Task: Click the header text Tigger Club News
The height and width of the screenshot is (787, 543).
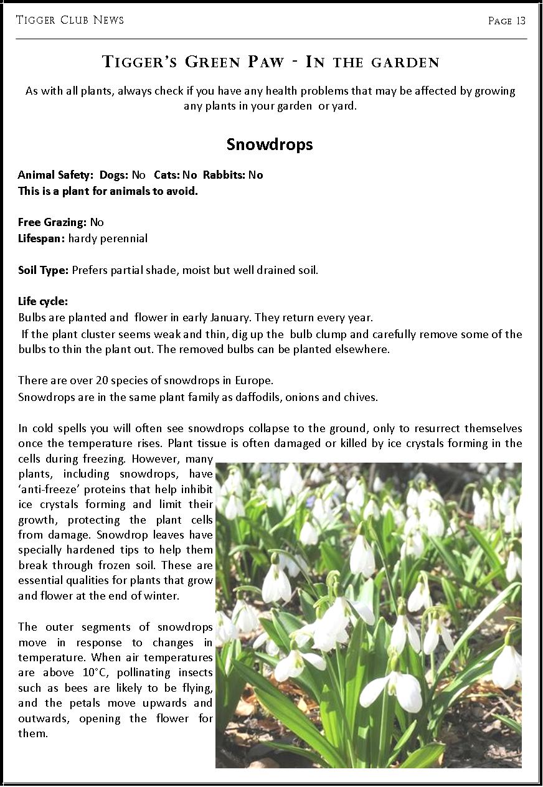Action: (x=70, y=20)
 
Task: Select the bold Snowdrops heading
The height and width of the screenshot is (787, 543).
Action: (x=270, y=144)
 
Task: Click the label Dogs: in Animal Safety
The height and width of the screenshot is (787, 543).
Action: (x=113, y=175)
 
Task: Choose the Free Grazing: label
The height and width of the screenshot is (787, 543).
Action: (x=52, y=222)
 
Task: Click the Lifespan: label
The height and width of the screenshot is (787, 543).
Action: (x=42, y=238)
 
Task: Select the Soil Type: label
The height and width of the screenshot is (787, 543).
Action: (x=44, y=270)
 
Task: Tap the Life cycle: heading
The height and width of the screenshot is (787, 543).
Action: (x=43, y=301)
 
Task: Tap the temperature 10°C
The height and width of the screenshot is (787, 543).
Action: (x=97, y=673)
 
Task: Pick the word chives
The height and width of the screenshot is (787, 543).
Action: (x=362, y=397)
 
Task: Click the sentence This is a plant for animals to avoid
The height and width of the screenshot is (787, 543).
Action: (x=108, y=191)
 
